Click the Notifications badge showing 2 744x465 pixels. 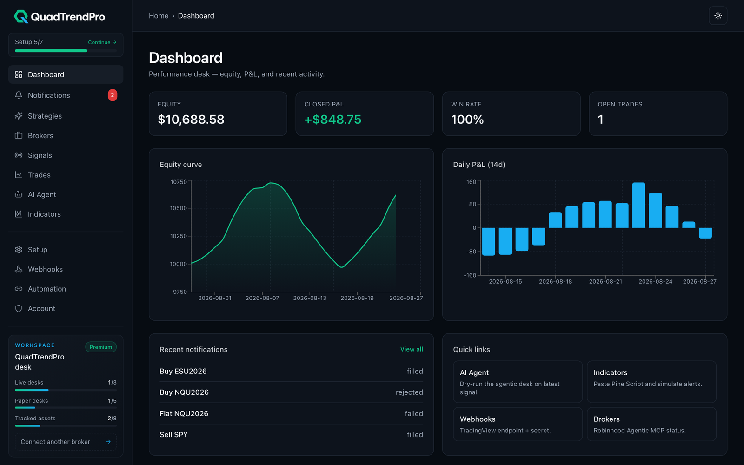click(x=112, y=95)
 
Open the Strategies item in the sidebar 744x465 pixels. click(x=45, y=116)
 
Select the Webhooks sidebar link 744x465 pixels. click(x=45, y=269)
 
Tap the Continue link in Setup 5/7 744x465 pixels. click(x=102, y=42)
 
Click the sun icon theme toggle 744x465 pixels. click(x=718, y=16)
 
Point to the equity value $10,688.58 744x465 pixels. click(x=191, y=119)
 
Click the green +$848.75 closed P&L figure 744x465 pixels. click(x=333, y=119)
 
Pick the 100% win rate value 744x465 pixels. click(x=467, y=119)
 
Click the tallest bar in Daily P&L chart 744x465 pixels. click(x=638, y=205)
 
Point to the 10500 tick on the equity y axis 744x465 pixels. click(x=179, y=208)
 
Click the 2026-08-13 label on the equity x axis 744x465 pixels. click(x=310, y=298)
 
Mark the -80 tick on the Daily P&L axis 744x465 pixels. click(x=471, y=252)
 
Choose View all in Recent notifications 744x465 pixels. click(x=412, y=349)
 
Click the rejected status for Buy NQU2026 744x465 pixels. click(x=409, y=392)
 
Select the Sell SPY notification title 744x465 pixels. click(x=174, y=434)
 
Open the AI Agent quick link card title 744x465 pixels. click(x=474, y=372)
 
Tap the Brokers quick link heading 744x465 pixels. click(x=606, y=419)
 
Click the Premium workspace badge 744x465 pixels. click(x=100, y=347)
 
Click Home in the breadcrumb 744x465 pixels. click(x=159, y=16)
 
